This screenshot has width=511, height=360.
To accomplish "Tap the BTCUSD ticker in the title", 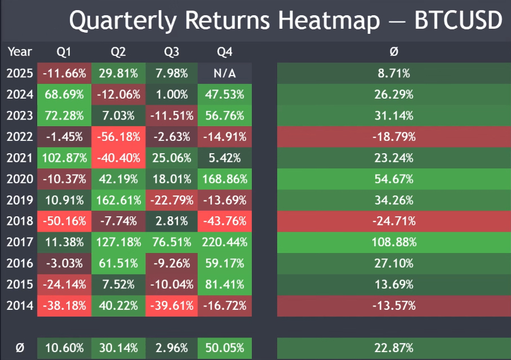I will [x=457, y=21].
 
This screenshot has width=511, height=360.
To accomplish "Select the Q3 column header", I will [x=171, y=52].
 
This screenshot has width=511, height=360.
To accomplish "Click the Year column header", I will [x=20, y=52].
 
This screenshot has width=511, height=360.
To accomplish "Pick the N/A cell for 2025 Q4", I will [x=224, y=73].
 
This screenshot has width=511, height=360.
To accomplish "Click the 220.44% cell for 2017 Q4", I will [x=224, y=242].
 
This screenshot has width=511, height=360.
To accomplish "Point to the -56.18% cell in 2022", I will [x=118, y=136].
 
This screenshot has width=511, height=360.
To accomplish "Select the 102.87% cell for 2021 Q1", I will [x=64, y=158].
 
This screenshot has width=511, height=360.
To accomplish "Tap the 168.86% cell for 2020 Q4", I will [x=224, y=179].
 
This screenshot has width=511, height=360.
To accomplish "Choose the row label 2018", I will [x=20, y=221].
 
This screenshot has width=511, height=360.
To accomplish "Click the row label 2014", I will [x=20, y=306].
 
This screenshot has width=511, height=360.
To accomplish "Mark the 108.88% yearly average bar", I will [x=394, y=242].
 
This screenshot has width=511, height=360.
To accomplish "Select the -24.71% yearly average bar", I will [x=394, y=221].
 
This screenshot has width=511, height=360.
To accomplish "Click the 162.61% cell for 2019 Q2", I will [x=118, y=200].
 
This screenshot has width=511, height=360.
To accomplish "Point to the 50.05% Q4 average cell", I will [x=224, y=348].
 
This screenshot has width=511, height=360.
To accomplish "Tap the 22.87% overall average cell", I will [x=394, y=348].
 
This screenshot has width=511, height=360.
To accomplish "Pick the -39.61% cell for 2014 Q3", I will [x=171, y=306].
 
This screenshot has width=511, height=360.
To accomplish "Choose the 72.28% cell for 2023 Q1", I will [x=64, y=115].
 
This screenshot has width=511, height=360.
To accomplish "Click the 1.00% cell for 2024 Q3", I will [x=171, y=94].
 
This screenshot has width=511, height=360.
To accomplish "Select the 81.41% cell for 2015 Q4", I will [x=224, y=285].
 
